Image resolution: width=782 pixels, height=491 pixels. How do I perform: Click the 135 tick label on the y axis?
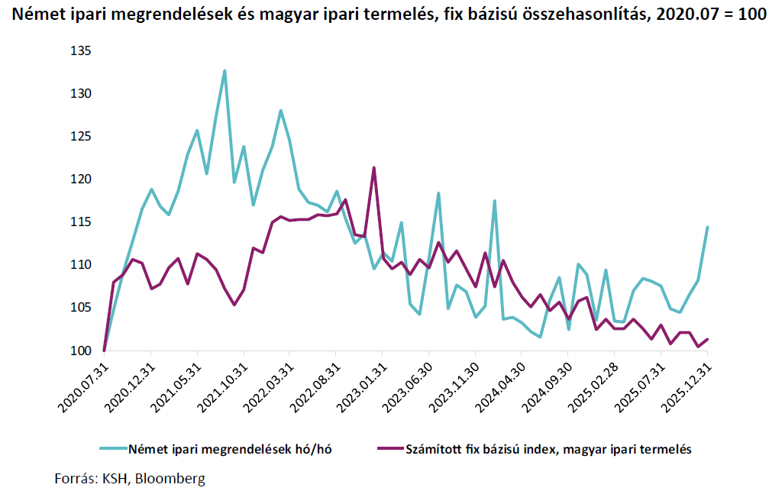[79, 51]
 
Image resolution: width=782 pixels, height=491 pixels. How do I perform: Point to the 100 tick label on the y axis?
[79, 350]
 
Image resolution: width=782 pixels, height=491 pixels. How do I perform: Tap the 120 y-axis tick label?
[79, 179]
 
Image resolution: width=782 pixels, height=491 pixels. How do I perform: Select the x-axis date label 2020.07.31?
[82, 386]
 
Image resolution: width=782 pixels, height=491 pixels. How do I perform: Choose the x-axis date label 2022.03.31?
[267, 386]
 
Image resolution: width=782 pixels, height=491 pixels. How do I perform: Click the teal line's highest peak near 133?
[225, 71]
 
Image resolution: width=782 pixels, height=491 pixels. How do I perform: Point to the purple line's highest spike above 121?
[373, 168]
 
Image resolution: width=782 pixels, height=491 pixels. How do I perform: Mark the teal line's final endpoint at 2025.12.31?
[708, 227]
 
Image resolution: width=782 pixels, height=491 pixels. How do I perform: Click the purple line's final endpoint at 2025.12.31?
[708, 339]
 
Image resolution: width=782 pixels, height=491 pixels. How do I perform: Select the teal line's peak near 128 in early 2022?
[281, 111]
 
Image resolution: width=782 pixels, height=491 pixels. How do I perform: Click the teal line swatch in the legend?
[112, 449]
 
